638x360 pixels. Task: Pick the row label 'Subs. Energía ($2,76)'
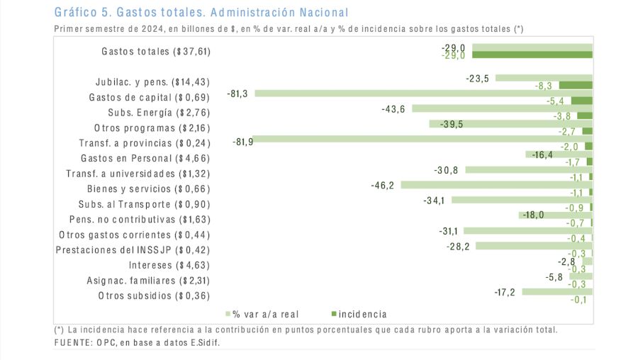(159, 113)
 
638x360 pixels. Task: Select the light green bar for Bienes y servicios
(496, 185)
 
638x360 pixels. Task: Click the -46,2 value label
(383, 186)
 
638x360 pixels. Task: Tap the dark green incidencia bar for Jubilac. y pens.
(581, 85)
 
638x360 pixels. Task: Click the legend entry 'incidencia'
(362, 313)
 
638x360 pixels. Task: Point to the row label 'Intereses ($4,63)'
(169, 265)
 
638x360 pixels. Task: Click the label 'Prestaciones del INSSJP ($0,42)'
(133, 249)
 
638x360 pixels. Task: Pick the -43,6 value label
(393, 109)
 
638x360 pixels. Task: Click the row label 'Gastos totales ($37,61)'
(156, 51)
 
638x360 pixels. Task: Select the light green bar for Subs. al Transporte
(522, 200)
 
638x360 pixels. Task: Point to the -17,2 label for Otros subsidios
(505, 291)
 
